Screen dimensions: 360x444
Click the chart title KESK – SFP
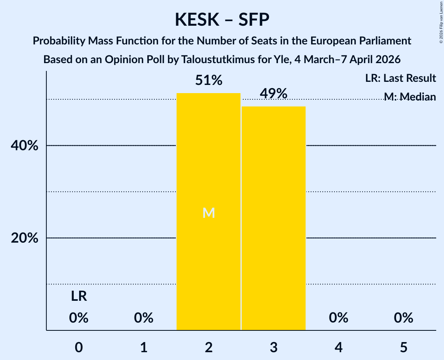click(222, 19)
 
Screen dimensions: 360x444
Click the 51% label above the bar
click(209, 81)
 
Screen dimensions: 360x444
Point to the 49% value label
click(273, 94)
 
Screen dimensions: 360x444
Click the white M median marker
click(209, 213)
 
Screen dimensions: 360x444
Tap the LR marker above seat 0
click(79, 297)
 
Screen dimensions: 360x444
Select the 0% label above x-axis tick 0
click(79, 318)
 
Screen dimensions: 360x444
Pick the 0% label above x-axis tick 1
click(143, 318)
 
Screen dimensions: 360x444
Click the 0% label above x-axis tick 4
click(338, 318)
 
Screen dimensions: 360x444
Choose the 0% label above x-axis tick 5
click(403, 318)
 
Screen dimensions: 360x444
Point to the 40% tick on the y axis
click(24, 146)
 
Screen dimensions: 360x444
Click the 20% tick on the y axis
click(24, 238)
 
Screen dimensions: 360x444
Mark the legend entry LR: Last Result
click(400, 78)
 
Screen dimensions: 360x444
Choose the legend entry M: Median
click(410, 96)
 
